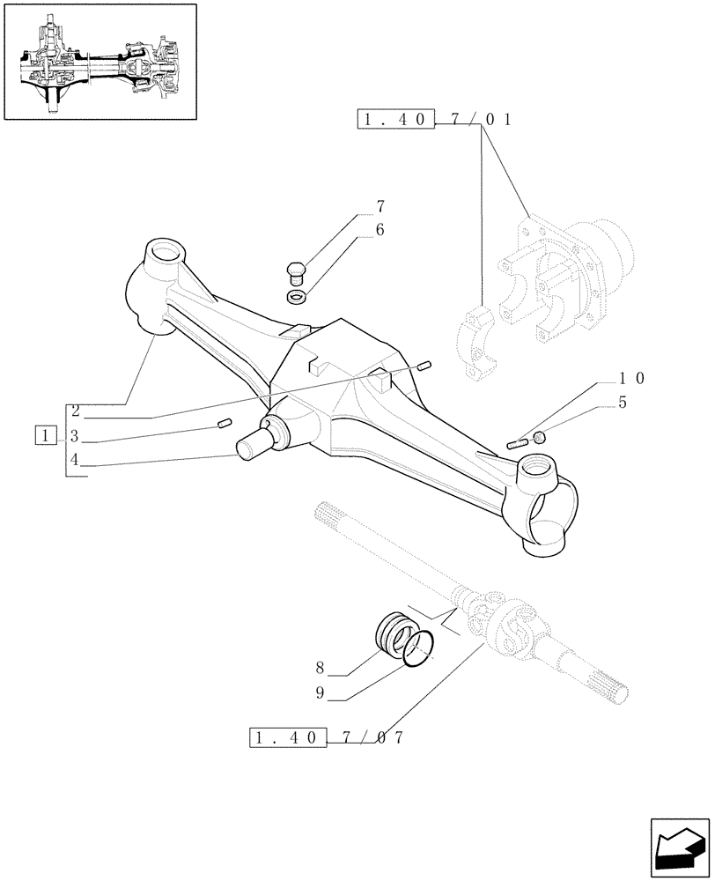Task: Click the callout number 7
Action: [x=380, y=207]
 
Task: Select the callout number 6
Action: [x=380, y=229]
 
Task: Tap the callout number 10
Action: [x=631, y=378]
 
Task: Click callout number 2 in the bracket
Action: [x=76, y=411]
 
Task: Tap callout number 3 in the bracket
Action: [x=76, y=435]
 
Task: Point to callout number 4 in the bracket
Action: [x=76, y=459]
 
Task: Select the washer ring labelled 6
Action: [x=298, y=294]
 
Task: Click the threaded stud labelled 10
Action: [x=518, y=443]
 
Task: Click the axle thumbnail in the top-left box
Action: [x=100, y=62]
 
